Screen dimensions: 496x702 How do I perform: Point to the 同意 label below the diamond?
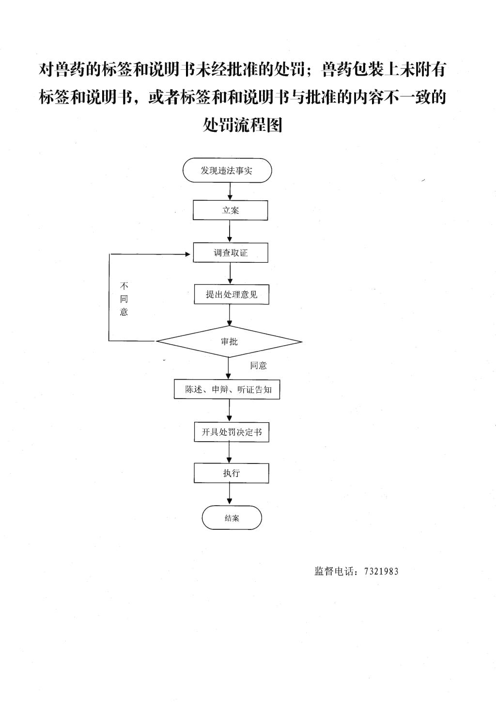(258, 366)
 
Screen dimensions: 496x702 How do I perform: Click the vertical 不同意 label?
(124, 299)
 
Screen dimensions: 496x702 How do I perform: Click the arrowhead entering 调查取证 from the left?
(188, 254)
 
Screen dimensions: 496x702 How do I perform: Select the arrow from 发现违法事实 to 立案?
(230, 191)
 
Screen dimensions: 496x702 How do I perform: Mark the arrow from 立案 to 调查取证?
(230, 231)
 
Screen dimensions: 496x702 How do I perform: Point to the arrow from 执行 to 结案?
(230, 494)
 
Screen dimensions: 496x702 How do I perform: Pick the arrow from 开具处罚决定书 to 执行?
(229, 452)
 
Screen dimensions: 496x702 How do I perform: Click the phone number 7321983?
(381, 572)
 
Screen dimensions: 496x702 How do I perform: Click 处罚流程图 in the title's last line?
(243, 125)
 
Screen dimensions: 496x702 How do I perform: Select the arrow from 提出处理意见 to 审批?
(230, 315)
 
